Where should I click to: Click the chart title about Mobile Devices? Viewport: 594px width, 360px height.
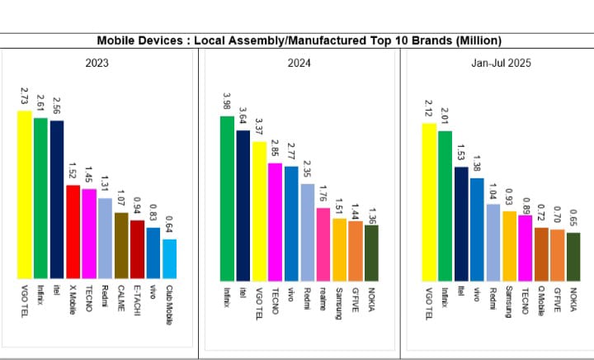pos(299,40)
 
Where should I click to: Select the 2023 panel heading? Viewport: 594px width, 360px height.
pos(97,62)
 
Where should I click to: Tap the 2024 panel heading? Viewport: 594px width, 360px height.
pos(299,62)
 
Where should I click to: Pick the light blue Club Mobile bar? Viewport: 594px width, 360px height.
pos(169,258)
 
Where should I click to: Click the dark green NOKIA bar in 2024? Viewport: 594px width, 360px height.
pos(371,251)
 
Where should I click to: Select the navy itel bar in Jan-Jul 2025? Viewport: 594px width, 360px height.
pos(461,222)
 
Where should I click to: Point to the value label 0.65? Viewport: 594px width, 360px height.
pos(573,218)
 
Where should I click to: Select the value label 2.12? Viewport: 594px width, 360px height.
pos(429,108)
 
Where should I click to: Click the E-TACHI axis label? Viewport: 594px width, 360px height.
pos(137,302)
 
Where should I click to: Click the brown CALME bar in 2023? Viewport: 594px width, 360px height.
pos(121,245)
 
